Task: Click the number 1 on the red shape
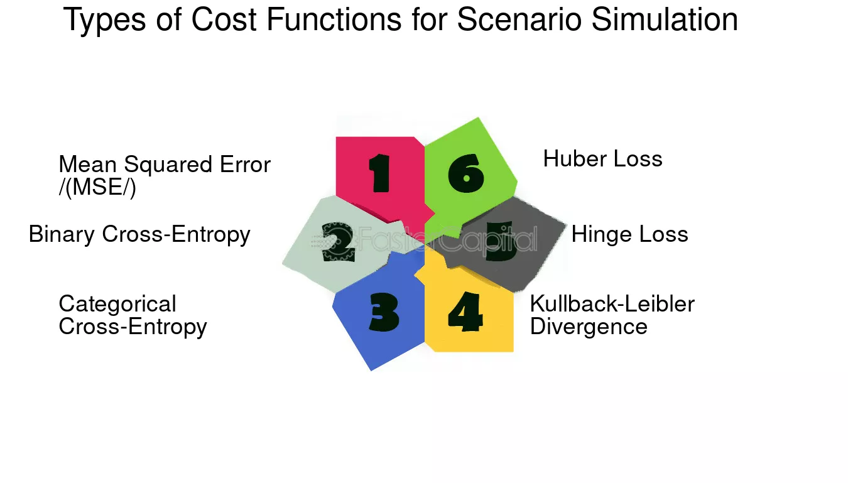click(x=379, y=173)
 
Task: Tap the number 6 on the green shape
click(x=466, y=173)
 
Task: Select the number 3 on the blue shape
click(x=384, y=312)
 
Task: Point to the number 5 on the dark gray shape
click(x=501, y=241)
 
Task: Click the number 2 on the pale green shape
click(x=338, y=242)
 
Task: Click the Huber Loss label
click(x=602, y=159)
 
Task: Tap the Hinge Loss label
click(x=629, y=234)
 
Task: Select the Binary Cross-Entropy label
click(x=139, y=234)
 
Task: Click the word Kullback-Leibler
click(x=612, y=303)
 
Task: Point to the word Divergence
click(x=589, y=327)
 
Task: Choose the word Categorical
click(x=117, y=305)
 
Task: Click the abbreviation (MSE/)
click(x=97, y=187)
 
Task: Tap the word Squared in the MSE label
click(x=168, y=165)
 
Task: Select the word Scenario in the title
click(x=519, y=19)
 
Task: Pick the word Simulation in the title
click(x=665, y=19)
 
